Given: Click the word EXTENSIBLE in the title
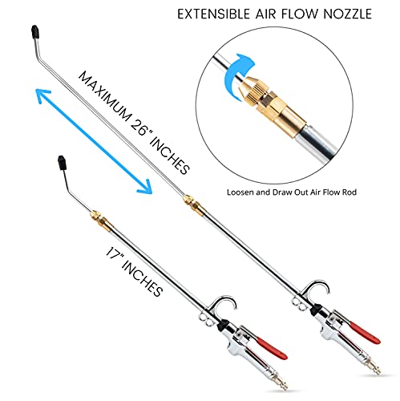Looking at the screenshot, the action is tap(213, 14).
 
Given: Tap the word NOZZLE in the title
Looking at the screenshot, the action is tap(347, 14).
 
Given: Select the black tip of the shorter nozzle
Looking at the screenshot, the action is tap(62, 163).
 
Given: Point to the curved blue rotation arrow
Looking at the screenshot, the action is tap(236, 75).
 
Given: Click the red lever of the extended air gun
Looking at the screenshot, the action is tap(365, 333).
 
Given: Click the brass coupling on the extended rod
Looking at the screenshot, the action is tap(192, 204).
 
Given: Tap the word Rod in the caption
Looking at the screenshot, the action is tap(350, 192).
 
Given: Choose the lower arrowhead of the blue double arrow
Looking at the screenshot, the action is tap(144, 186).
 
